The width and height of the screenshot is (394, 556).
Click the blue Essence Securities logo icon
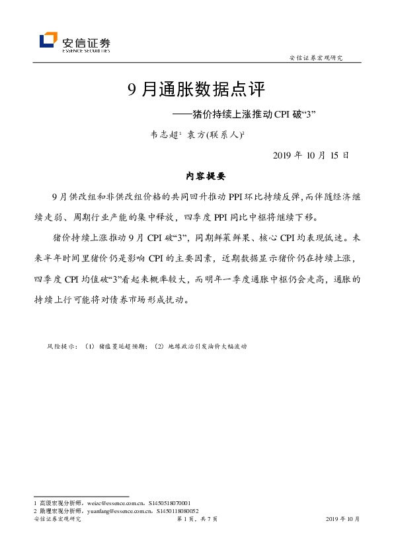click(x=48, y=41)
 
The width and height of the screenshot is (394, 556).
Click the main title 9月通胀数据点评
click(x=196, y=90)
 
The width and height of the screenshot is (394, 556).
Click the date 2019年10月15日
click(x=310, y=156)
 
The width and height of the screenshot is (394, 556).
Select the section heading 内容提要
click(x=196, y=176)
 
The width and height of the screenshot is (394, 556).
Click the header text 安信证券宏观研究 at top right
click(x=317, y=57)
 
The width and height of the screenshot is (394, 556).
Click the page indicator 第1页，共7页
click(x=197, y=520)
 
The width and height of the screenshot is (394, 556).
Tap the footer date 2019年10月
click(x=343, y=520)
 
